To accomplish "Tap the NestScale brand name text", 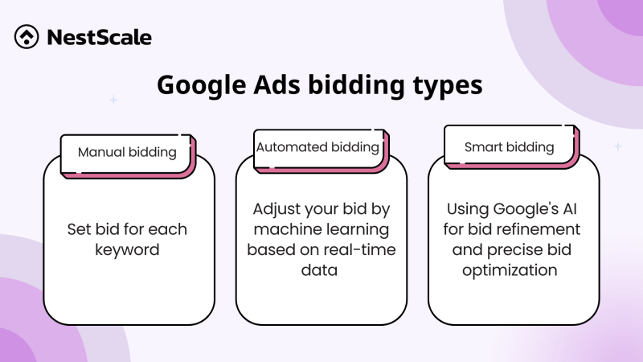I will click(100, 37).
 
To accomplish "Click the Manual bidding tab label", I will click(127, 151).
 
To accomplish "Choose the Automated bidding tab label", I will click(317, 147).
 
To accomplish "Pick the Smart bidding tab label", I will click(509, 147).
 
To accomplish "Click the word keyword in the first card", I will click(129, 249).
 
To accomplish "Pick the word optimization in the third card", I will click(510, 269).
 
